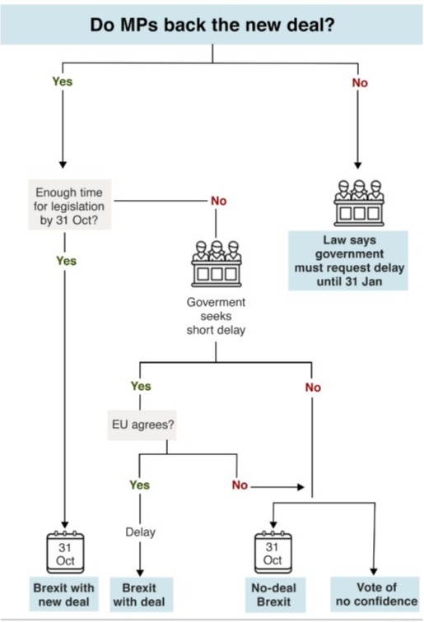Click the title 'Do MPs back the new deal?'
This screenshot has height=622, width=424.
tap(212, 25)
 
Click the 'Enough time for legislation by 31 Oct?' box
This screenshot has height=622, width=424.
tap(69, 205)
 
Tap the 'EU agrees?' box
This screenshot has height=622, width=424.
tap(142, 425)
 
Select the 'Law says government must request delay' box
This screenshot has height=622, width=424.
tap(348, 261)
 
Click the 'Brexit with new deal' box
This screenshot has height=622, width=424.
tap(64, 594)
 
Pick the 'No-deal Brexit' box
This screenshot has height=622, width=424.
tap(273, 594)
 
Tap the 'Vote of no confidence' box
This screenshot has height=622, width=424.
tap(375, 594)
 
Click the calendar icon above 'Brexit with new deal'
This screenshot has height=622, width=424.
tap(65, 552)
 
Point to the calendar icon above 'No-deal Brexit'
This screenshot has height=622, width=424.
tap(273, 552)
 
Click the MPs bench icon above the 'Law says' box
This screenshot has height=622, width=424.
tap(359, 202)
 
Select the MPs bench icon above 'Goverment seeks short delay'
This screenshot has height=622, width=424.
tap(217, 263)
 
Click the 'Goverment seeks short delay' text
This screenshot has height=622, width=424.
tap(216, 316)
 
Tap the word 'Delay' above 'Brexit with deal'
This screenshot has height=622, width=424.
tap(140, 532)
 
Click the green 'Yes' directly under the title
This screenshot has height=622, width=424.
tap(63, 81)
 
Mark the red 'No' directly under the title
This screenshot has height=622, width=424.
tap(360, 83)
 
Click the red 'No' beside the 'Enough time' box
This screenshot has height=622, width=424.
tap(219, 201)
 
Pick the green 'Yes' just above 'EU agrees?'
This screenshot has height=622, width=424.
tap(141, 386)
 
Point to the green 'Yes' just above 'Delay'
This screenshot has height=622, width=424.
tap(139, 485)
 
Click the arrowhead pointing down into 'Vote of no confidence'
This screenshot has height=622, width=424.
tap(374, 572)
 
